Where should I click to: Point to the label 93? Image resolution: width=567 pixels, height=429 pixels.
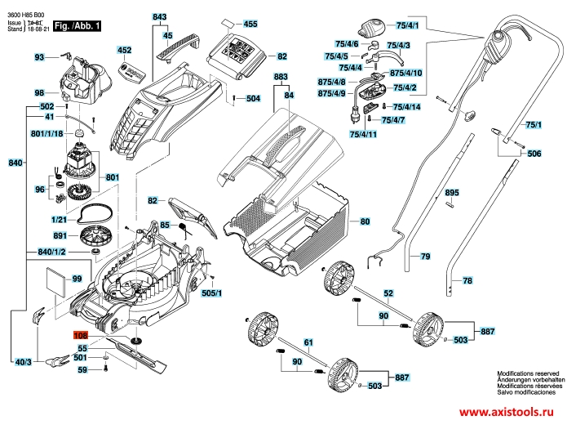(x=39, y=57)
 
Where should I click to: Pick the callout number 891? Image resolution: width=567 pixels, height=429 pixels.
(x=60, y=235)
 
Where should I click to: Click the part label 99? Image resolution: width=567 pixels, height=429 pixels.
(x=78, y=279)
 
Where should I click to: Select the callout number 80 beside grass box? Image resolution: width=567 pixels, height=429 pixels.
(x=365, y=221)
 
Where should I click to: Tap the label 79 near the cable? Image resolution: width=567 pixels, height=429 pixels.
(x=424, y=257)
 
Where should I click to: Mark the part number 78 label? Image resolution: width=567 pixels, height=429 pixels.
(x=467, y=280)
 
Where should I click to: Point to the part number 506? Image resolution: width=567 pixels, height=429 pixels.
(x=534, y=154)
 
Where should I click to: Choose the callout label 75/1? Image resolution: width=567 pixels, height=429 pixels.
(x=534, y=125)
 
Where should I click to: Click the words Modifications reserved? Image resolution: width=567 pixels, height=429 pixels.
(x=528, y=373)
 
